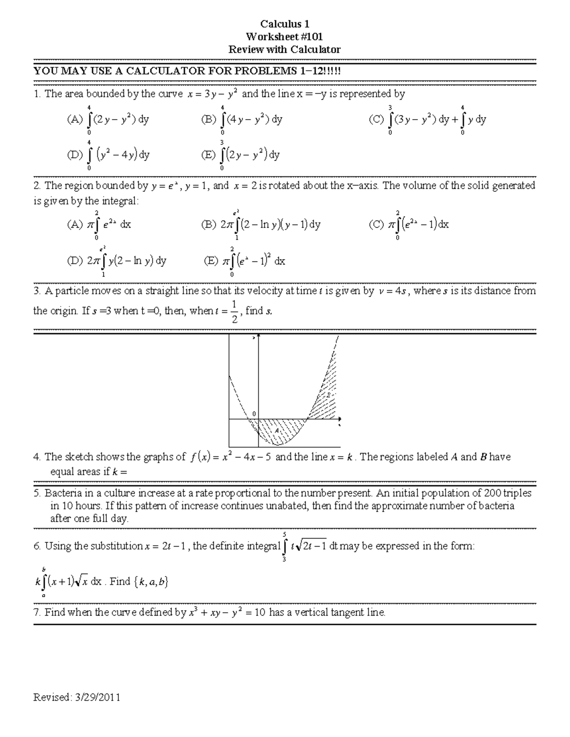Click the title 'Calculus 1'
point(285,24)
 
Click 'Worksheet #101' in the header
point(285,37)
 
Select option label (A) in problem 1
point(75,120)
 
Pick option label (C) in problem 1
point(376,120)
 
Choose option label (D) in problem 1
point(75,155)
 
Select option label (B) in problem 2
point(209,225)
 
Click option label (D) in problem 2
point(75,261)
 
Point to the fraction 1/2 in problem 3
point(234,311)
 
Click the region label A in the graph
point(277,430)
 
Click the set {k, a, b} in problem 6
point(152,582)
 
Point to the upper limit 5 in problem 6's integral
point(284,534)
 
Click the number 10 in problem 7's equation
point(260,613)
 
